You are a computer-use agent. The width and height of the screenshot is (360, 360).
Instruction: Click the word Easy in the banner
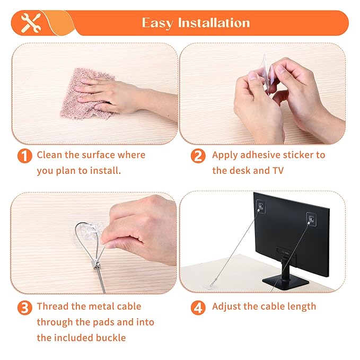point(158,23)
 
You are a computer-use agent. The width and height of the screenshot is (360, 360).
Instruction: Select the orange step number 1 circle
point(24,156)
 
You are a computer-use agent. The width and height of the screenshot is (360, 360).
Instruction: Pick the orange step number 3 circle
point(24,308)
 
